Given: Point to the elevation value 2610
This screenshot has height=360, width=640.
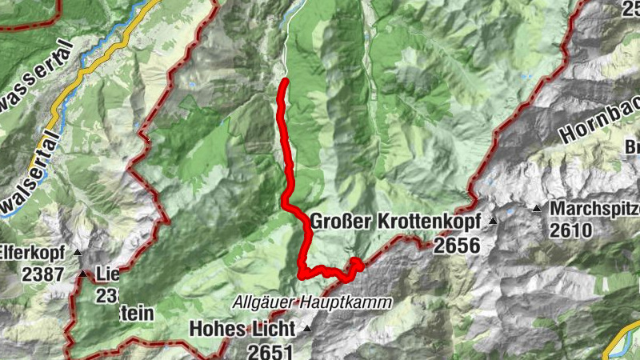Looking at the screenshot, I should [570, 232].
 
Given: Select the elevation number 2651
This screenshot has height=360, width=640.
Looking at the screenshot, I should [270, 351].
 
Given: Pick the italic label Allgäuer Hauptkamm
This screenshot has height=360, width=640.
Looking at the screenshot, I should [314, 302].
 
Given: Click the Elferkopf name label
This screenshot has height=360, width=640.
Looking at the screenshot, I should [32, 251].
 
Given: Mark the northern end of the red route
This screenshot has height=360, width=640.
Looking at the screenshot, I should [285, 81].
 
